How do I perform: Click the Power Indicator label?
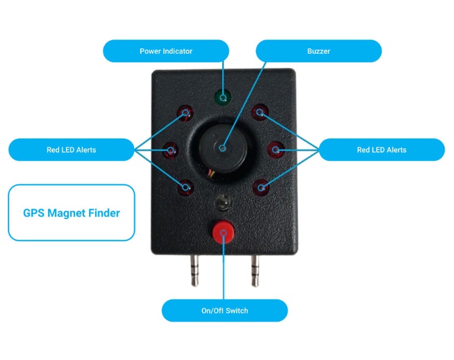(x=166, y=51)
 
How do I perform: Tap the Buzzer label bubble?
(x=318, y=51)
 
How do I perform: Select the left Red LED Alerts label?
(x=71, y=149)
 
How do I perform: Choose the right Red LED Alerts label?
(x=381, y=149)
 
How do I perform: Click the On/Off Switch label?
(x=225, y=311)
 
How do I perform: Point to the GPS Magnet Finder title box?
(x=71, y=213)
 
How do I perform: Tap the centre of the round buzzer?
(x=223, y=148)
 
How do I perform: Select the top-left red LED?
(x=186, y=112)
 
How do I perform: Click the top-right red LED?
(x=261, y=112)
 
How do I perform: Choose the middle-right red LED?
(x=275, y=148)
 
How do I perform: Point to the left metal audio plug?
(x=194, y=272)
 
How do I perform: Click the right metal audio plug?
(x=255, y=272)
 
